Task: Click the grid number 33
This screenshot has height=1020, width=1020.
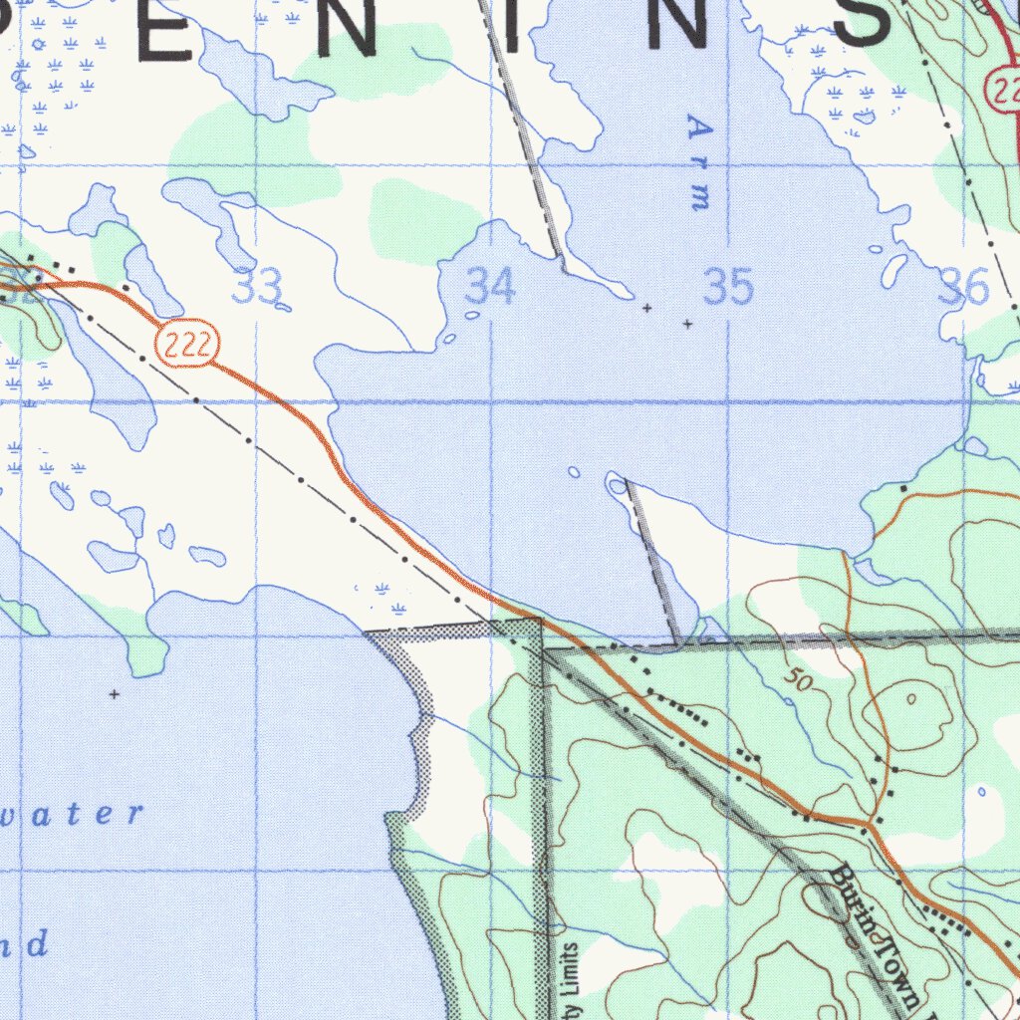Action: pyautogui.click(x=256, y=287)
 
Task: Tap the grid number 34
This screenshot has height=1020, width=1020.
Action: pyautogui.click(x=491, y=287)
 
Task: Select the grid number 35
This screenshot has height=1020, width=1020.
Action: pyautogui.click(x=728, y=287)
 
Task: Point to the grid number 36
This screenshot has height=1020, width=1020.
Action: pyautogui.click(x=964, y=289)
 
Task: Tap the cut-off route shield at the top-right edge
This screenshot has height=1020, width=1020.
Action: pyautogui.click(x=1004, y=91)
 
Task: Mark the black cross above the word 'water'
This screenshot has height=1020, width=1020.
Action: pyautogui.click(x=115, y=693)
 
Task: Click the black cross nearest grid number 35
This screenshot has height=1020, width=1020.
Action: pyautogui.click(x=687, y=324)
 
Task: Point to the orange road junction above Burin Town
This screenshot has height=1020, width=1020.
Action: pyautogui.click(x=869, y=826)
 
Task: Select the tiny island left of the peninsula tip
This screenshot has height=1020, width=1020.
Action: pyautogui.click(x=573, y=471)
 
